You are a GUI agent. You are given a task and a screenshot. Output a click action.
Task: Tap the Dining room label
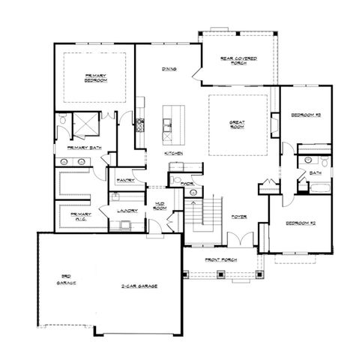pyautogui.click(x=169, y=70)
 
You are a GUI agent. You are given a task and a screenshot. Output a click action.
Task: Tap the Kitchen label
pyautogui.click(x=174, y=153)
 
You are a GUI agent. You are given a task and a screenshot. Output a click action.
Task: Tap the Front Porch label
pyautogui.click(x=223, y=261)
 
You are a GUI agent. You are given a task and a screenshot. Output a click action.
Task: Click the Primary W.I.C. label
pyautogui.click(x=80, y=215)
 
